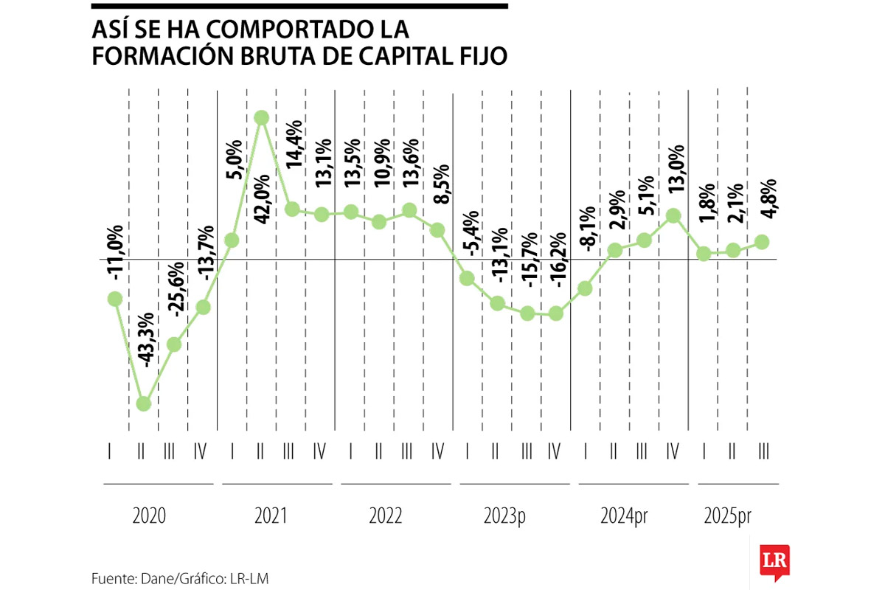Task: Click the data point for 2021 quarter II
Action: tap(261, 117)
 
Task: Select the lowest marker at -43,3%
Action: tap(144, 403)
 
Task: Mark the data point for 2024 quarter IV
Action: tap(673, 215)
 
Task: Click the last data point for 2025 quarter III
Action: tap(763, 242)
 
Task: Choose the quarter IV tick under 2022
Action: tap(437, 451)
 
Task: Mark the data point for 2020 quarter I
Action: tap(114, 299)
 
